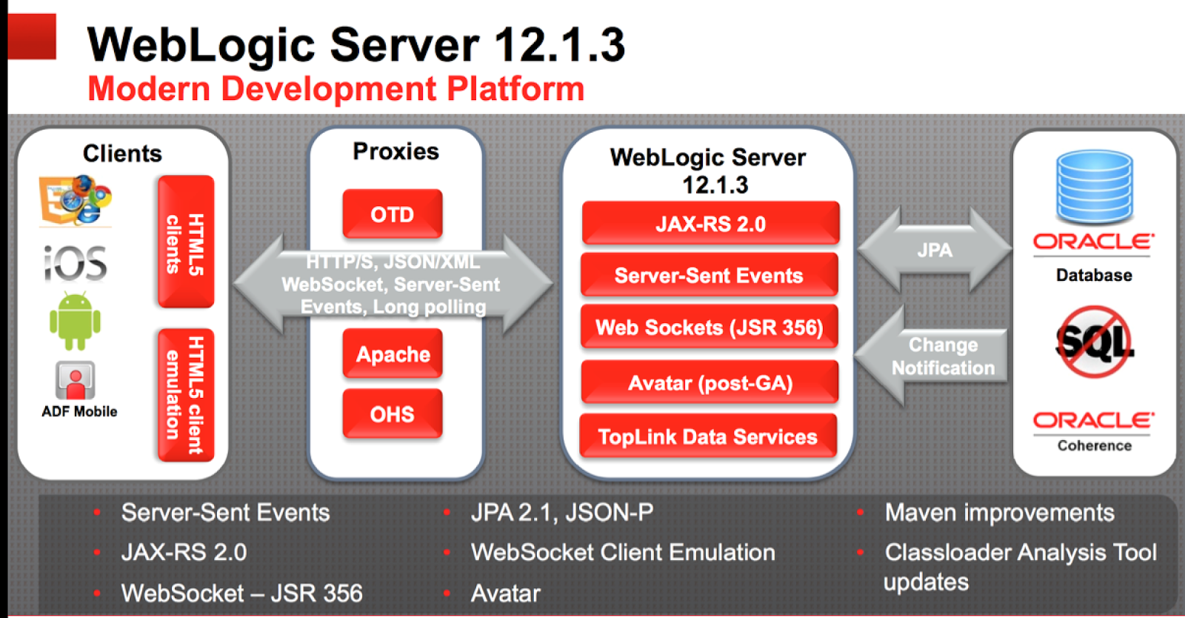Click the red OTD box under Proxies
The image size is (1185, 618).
[392, 214]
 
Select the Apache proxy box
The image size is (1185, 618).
[393, 354]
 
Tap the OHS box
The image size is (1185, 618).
[392, 413]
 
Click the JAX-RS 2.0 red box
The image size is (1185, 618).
[710, 223]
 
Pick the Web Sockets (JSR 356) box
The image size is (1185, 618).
[709, 327]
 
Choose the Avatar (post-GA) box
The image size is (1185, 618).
[710, 382]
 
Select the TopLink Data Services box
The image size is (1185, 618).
[707, 436]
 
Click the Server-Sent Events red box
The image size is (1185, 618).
[709, 275]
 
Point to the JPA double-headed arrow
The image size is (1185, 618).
[934, 250]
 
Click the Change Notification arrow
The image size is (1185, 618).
[933, 356]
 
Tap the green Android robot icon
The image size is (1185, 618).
[75, 321]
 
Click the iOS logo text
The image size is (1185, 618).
[76, 264]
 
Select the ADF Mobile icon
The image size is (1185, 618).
[75, 380]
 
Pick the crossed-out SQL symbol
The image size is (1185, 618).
[1094, 342]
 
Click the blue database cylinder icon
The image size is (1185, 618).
[1095, 187]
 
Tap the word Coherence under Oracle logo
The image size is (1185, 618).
[1094, 445]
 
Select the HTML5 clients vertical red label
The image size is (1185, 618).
[186, 242]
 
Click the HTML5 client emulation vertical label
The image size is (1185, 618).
[186, 394]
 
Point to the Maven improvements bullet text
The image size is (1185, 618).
[999, 513]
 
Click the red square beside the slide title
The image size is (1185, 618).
[32, 36]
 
